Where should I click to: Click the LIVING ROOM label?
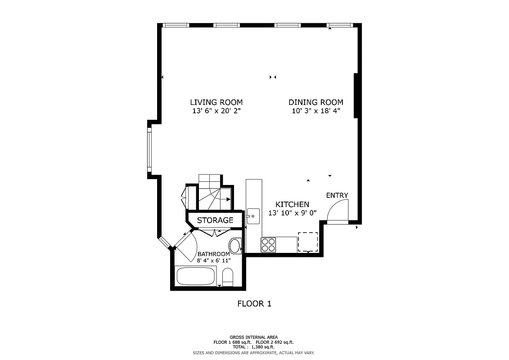(216, 102)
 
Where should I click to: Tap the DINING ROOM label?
(315, 102)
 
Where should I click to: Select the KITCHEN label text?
(292, 204)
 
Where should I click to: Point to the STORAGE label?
(215, 220)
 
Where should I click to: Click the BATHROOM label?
(214, 254)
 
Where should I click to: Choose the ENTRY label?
(337, 195)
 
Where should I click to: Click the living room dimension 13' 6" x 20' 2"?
(216, 111)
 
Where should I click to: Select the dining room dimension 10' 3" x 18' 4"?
(315, 111)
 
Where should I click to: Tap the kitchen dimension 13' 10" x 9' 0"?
(293, 213)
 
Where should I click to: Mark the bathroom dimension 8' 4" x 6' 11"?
(214, 260)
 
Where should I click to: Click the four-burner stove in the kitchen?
(268, 245)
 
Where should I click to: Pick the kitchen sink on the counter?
(253, 216)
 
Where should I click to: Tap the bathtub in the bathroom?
(196, 276)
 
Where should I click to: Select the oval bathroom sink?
(235, 246)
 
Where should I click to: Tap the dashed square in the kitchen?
(308, 242)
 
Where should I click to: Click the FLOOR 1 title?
(254, 304)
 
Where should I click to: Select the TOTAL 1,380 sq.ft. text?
(254, 347)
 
